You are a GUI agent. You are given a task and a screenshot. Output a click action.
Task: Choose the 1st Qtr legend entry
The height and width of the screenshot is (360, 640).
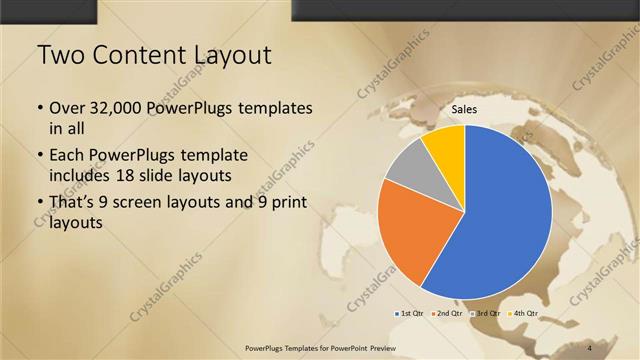(411, 314)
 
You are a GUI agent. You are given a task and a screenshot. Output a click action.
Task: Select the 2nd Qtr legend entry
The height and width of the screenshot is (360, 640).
(447, 314)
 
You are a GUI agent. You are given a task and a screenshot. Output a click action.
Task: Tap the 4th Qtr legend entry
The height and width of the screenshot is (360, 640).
(522, 314)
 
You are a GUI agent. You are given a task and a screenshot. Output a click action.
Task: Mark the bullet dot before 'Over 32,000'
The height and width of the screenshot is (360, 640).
(39, 108)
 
